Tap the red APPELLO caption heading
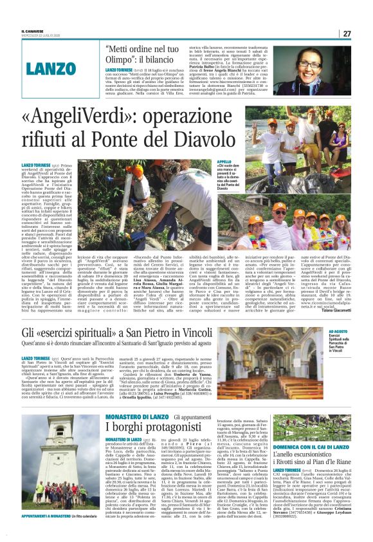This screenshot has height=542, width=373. (x=242, y=162)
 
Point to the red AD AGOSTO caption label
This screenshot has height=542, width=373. (x=338, y=330)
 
